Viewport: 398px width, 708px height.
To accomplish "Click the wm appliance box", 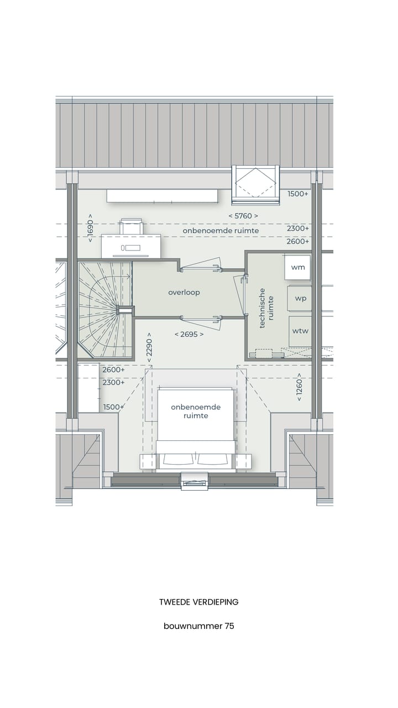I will tap(298, 267).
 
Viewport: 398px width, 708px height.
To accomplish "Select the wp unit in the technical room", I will tap(300, 298).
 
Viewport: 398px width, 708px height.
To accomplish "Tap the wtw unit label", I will tap(300, 331).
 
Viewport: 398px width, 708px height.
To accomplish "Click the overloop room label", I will tap(184, 292).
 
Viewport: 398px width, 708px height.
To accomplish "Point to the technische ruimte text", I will tap(266, 308).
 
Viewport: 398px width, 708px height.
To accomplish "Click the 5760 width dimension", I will tap(243, 216).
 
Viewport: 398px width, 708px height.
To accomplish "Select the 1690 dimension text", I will tap(90, 228).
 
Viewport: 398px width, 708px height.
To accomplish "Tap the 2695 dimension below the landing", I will tap(188, 334).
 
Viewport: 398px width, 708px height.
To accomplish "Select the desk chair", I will tap(132, 227).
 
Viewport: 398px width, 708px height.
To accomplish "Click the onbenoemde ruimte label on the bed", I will tap(195, 411).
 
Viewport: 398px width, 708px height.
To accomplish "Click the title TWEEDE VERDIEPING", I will tap(198, 602).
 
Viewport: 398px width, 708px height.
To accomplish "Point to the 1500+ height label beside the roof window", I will tap(298, 194).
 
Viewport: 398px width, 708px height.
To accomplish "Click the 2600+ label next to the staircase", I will tap(113, 369).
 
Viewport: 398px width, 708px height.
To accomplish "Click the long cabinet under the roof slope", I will tap(162, 196).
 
